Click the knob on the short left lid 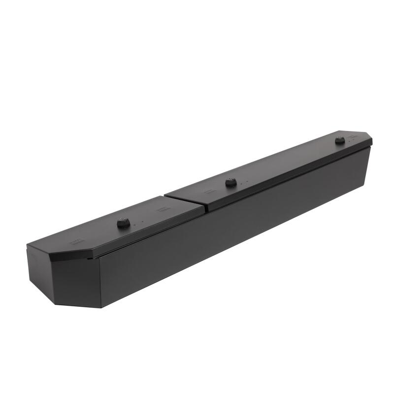(123, 224)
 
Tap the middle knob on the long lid (230, 183)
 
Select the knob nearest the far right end (339, 141)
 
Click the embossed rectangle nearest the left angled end (76, 241)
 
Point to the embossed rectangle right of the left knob (162, 209)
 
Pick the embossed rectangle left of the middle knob (210, 190)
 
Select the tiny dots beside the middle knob (243, 182)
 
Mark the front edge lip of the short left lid (148, 233)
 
